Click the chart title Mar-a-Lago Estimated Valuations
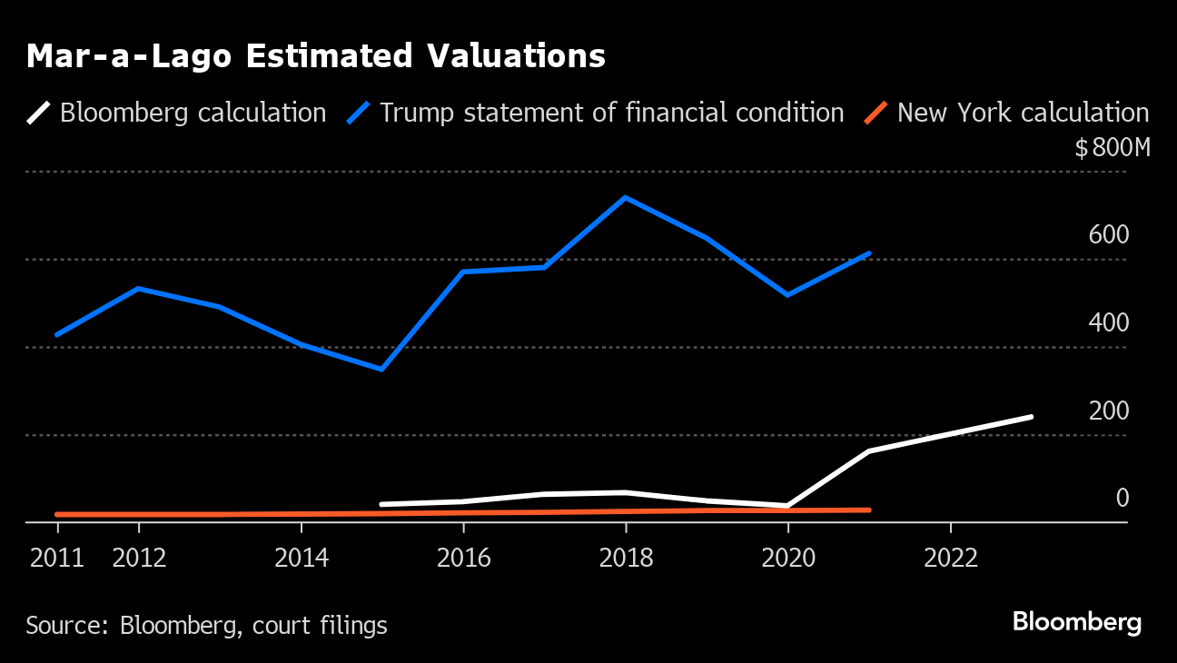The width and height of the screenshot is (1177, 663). coord(315,56)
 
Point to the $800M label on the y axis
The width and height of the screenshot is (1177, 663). coord(1112,148)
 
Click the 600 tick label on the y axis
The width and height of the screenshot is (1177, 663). coord(1109,235)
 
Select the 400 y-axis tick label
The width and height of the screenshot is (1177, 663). coord(1109,323)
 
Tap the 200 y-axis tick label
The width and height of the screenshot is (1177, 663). coord(1109,411)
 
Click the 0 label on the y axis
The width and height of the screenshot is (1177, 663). coord(1123,499)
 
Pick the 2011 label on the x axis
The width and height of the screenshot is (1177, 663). coord(57,557)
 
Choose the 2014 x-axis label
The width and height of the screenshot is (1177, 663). coord(301,557)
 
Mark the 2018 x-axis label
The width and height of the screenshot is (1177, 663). coord(626,557)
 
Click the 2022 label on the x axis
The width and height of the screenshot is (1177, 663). coord(950,557)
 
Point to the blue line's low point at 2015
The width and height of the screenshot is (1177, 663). coord(381,370)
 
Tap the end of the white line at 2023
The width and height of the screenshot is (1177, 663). coord(1032,417)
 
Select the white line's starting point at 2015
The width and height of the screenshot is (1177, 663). coord(381,504)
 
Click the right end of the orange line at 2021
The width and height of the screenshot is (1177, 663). coord(869,510)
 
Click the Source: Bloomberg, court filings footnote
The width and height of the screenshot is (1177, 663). coord(206,626)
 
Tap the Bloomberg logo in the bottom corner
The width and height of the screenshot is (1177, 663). coord(1076,623)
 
